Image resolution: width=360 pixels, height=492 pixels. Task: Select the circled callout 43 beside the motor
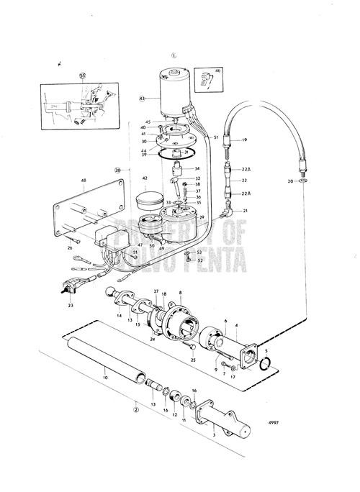(x=142, y=99)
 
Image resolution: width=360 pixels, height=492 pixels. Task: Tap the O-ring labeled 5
(x=266, y=369)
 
